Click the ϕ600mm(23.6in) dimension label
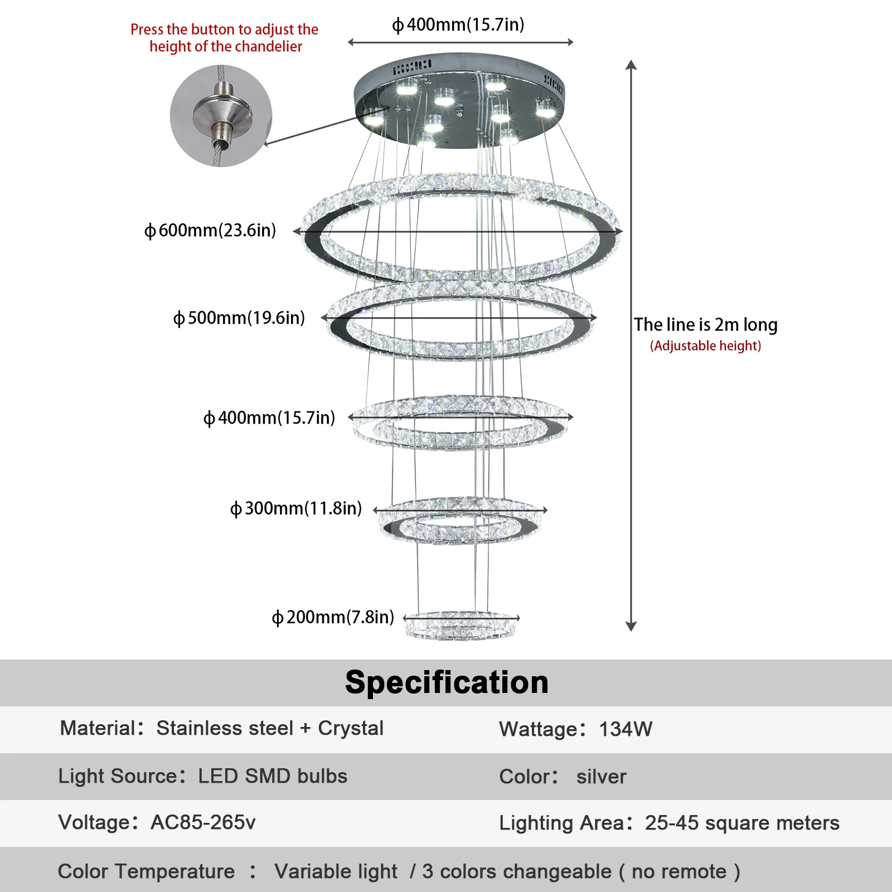click(x=210, y=230)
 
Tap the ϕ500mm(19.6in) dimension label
click(x=239, y=318)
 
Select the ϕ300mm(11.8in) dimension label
click(x=296, y=508)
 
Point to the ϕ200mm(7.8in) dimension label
click(x=333, y=617)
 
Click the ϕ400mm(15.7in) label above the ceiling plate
click(x=458, y=25)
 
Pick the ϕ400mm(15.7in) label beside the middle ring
click(x=269, y=418)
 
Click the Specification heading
click(x=447, y=682)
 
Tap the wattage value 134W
click(x=626, y=729)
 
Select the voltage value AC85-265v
click(x=203, y=822)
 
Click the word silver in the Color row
click(x=602, y=777)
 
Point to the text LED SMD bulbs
click(x=273, y=776)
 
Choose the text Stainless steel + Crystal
click(x=270, y=728)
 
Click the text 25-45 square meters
click(x=742, y=823)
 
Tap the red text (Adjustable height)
click(x=706, y=346)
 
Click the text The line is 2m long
click(x=706, y=324)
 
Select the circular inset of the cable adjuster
click(x=221, y=116)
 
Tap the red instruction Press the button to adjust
click(x=224, y=30)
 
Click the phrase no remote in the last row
click(x=679, y=871)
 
